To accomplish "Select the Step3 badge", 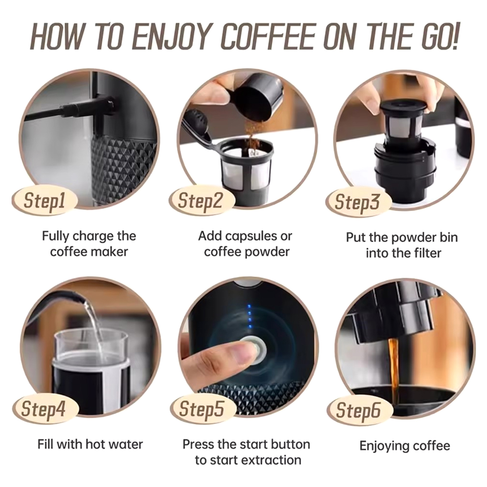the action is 358,201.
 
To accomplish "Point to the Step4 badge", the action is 44,409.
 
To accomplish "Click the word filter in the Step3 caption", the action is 427,253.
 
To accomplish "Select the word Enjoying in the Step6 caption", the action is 382,446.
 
